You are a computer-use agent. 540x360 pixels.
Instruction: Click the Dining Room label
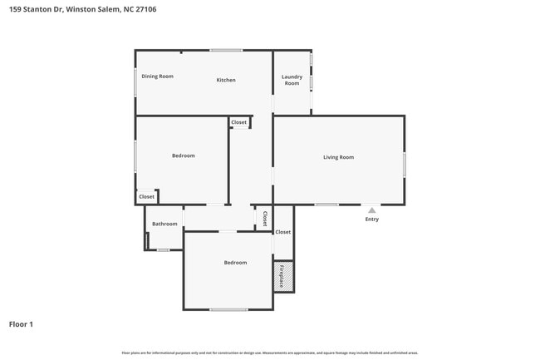click(157, 76)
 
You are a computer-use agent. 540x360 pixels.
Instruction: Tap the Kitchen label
click(226, 80)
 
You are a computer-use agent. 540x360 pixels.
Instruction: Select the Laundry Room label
click(292, 80)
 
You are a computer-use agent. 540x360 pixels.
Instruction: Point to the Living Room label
click(338, 157)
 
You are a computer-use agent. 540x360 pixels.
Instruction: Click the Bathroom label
click(164, 224)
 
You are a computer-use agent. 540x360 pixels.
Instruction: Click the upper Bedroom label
click(184, 155)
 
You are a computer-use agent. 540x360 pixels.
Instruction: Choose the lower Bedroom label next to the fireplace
click(235, 263)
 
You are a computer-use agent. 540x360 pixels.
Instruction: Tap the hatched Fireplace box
click(283, 276)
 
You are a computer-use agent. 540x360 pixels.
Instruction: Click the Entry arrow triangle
click(371, 210)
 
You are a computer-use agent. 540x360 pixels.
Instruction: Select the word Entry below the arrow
click(371, 219)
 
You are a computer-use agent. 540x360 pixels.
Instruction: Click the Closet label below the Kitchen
click(239, 122)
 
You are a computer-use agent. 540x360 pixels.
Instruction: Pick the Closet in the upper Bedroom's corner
click(146, 197)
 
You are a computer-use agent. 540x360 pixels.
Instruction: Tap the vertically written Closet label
click(264, 219)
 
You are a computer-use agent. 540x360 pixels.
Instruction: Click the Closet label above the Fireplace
click(283, 232)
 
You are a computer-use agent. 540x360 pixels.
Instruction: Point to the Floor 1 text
click(21, 323)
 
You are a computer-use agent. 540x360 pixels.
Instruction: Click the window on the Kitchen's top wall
click(225, 51)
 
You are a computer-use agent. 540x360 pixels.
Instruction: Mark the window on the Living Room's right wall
click(405, 164)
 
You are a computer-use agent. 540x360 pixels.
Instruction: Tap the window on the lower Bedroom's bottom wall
click(228, 310)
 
